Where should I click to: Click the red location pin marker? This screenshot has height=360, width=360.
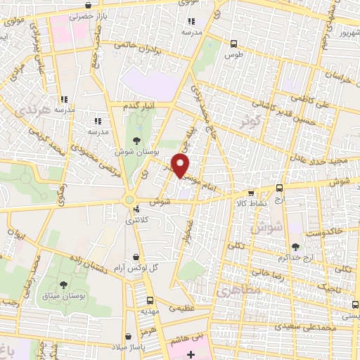(x=181, y=165)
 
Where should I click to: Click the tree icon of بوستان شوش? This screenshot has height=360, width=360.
(x=136, y=139)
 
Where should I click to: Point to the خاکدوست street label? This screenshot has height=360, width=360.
(x=326, y=231)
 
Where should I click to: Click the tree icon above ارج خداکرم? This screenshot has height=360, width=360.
(x=295, y=247)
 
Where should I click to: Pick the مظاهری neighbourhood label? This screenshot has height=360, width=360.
(x=238, y=289)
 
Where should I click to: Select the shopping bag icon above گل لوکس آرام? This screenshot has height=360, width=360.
(x=135, y=257)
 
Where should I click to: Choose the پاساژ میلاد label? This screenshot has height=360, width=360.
(x=126, y=348)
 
